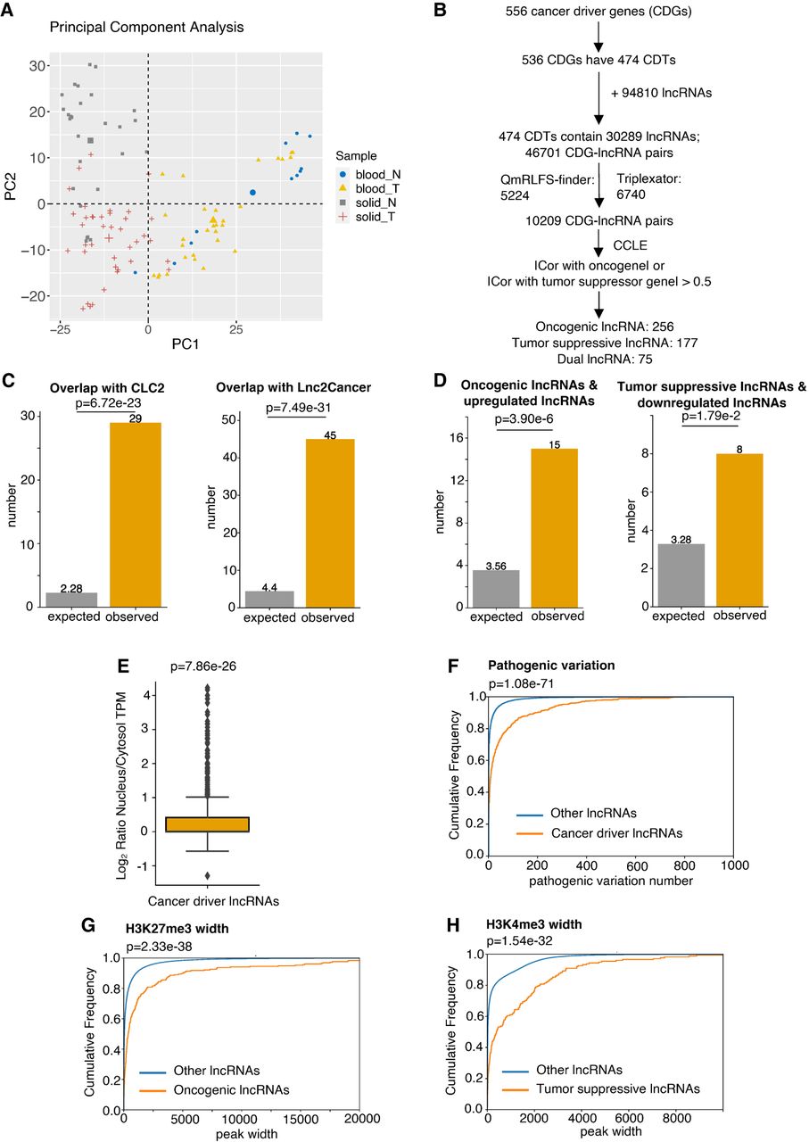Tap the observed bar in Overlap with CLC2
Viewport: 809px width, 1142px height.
click(136, 515)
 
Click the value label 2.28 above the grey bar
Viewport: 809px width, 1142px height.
click(72, 587)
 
